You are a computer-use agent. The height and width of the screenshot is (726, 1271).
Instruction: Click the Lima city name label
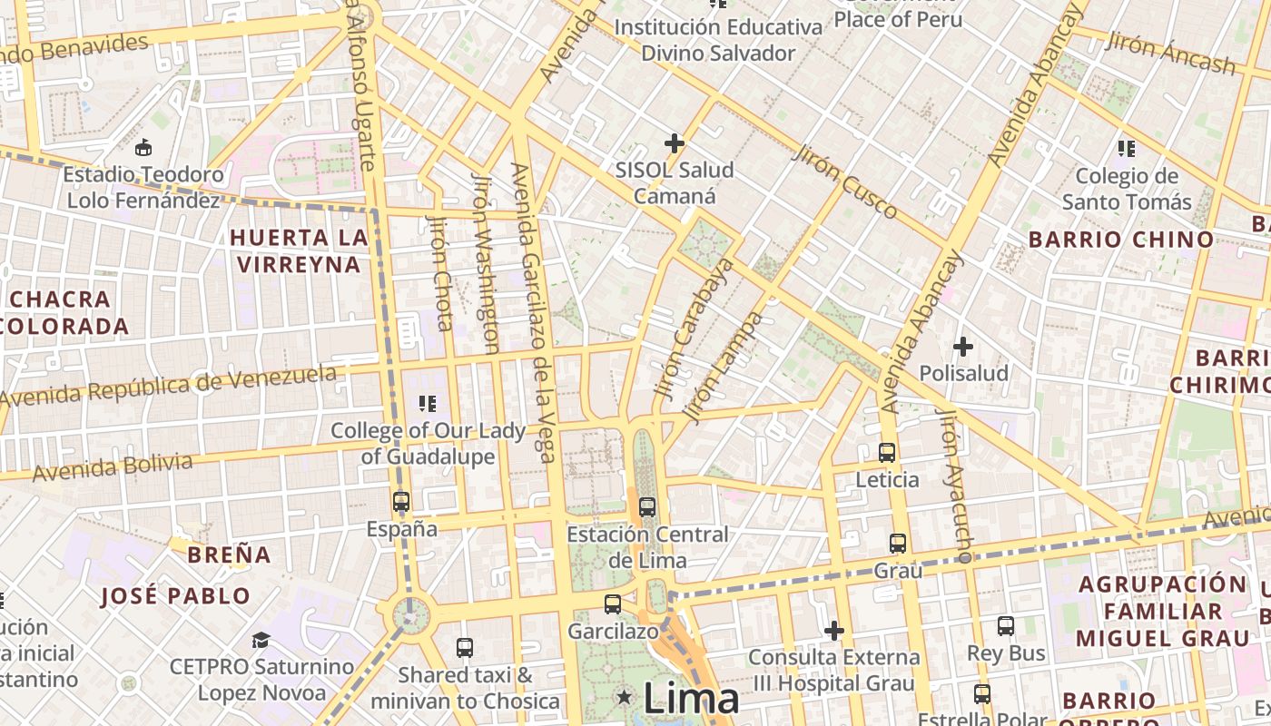click(691, 699)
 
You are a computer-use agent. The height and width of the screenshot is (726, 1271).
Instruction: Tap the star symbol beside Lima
click(624, 697)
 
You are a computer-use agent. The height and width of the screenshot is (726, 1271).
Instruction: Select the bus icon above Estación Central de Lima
click(647, 506)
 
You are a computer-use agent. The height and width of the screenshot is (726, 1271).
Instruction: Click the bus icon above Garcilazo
click(613, 603)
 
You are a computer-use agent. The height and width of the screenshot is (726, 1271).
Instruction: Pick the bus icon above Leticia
click(887, 452)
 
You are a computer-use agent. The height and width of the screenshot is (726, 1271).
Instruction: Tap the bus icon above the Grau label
click(898, 544)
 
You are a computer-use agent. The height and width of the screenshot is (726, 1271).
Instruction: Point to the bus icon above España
click(400, 501)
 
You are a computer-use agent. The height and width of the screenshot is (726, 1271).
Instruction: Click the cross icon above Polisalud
click(963, 346)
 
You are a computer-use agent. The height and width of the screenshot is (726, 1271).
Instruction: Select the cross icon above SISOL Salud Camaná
click(674, 142)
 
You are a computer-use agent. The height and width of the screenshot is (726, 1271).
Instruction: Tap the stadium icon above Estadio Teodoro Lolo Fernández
click(143, 147)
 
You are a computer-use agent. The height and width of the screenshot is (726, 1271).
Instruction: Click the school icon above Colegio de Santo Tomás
click(1127, 148)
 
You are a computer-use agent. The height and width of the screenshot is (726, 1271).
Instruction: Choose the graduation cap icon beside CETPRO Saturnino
click(261, 641)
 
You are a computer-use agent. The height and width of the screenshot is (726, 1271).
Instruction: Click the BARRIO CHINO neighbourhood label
click(1120, 240)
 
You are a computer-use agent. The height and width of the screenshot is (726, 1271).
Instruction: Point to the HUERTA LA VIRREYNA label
click(300, 251)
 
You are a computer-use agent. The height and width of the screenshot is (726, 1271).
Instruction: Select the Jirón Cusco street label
click(845, 181)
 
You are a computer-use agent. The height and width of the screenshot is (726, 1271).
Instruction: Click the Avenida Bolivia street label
click(113, 467)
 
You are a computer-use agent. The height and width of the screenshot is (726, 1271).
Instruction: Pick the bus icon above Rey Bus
click(1006, 625)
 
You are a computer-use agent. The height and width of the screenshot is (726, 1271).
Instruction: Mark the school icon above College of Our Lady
click(428, 403)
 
